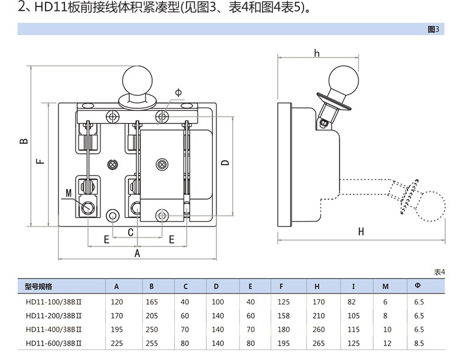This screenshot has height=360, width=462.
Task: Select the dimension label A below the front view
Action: coord(137,253)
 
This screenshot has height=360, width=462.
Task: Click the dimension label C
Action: coord(130,233)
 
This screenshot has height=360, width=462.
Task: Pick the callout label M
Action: coord(68,193)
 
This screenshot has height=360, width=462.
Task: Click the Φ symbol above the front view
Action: coord(178,92)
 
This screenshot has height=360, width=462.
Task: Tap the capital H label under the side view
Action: coord(361,232)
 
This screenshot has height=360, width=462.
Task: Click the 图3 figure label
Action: coord(433,29)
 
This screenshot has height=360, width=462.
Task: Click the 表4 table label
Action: coord(439,272)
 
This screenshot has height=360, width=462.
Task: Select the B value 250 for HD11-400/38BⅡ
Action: coord(151,329)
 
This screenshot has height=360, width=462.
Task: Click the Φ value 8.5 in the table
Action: coord(418,342)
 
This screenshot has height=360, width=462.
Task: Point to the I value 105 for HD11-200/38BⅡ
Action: coord(354,316)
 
